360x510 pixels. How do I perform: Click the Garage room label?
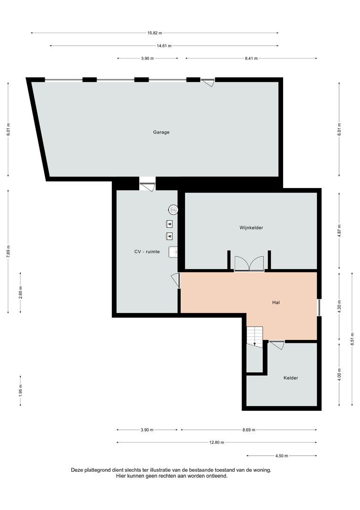pos(161,132)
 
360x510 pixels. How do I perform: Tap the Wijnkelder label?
pos(251,228)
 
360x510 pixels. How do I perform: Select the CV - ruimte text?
pos(147,252)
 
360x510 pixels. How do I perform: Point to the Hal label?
pos(276,302)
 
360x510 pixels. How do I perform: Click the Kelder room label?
pos(291,378)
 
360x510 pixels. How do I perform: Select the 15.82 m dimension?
pos(154,33)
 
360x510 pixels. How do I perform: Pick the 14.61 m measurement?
pos(164,46)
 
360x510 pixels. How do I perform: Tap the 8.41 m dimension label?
pos(251,59)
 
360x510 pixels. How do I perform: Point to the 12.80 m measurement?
pos(216,442)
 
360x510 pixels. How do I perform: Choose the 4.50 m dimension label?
pos(281,456)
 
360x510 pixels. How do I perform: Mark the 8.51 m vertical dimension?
pos(352,339)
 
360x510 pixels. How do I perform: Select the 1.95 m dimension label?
pos(21,391)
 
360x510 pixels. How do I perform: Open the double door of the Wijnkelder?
pos(249,263)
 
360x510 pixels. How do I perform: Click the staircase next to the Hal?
pos(255,336)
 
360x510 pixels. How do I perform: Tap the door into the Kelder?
pos(276,345)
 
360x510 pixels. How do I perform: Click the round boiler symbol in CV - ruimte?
pos(174,209)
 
